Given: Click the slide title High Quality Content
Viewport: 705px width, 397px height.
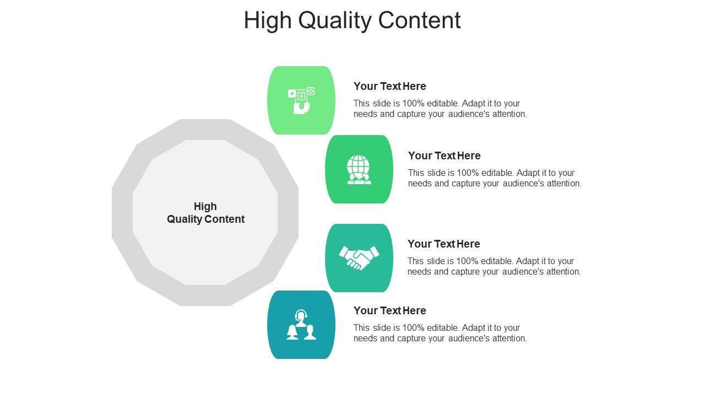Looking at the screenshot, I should pos(352,20).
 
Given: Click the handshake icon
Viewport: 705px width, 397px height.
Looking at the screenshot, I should pos(359,258).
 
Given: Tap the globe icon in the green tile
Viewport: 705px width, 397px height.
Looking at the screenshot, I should pos(359,169).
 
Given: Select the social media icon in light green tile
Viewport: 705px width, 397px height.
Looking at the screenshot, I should pos(301,100).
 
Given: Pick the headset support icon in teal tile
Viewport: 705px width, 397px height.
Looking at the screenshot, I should pos(301,325).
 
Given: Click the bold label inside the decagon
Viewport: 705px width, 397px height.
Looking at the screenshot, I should pos(205,213).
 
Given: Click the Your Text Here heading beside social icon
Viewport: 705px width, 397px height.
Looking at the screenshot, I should pos(389,86).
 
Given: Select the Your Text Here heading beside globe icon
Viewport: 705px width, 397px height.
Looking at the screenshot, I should pos(444,155).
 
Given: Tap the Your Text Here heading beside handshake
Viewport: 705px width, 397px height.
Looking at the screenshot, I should pos(443,244).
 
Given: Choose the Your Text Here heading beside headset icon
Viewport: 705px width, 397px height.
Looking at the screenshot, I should pos(389,310).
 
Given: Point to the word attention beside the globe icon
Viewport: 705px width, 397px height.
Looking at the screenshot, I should pos(563,183).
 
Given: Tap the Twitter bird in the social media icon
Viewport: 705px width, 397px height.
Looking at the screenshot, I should pos(292,94).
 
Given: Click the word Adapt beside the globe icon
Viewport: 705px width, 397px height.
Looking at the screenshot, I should pos(529,173).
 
